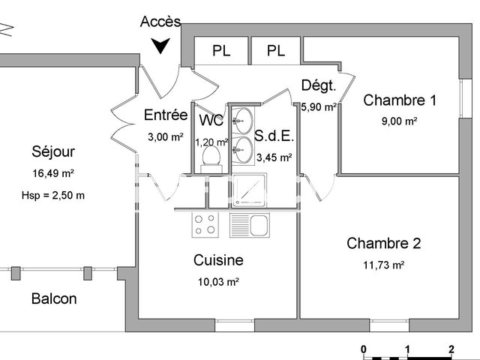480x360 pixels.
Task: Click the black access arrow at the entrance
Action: coord(160,47)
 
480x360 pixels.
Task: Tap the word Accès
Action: coord(160,22)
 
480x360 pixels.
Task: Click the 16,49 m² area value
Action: coord(53,173)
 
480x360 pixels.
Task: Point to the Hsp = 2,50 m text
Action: coord(53,196)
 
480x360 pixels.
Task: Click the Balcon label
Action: coord(54,298)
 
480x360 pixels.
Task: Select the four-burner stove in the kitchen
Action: coord(206,224)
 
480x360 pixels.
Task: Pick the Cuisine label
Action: coord(218,260)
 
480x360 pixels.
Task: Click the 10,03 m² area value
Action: coord(217,283)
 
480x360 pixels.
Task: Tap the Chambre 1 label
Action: coord(399,100)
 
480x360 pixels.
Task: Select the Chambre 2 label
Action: coord(383,243)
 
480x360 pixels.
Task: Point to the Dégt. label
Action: coord(319,85)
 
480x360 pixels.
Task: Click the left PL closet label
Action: coord(221,51)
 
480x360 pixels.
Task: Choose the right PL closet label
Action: coord(276,51)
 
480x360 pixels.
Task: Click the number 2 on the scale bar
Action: coord(451,349)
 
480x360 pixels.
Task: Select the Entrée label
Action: coord(165,115)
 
